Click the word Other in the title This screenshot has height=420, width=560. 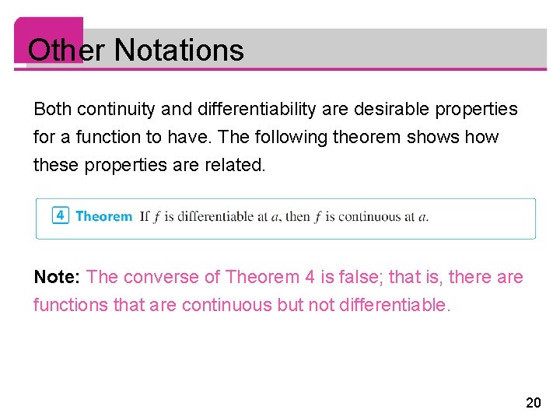coord(65,51)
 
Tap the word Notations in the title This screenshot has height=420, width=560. coord(178,51)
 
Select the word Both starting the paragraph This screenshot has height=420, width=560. coord(52,110)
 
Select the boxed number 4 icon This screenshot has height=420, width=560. coord(61,215)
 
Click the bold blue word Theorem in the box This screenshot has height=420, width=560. coord(103,216)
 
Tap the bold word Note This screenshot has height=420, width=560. coord(57,277)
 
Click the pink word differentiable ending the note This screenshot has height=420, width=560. coord(395,305)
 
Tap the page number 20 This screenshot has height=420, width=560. coord(533,402)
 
